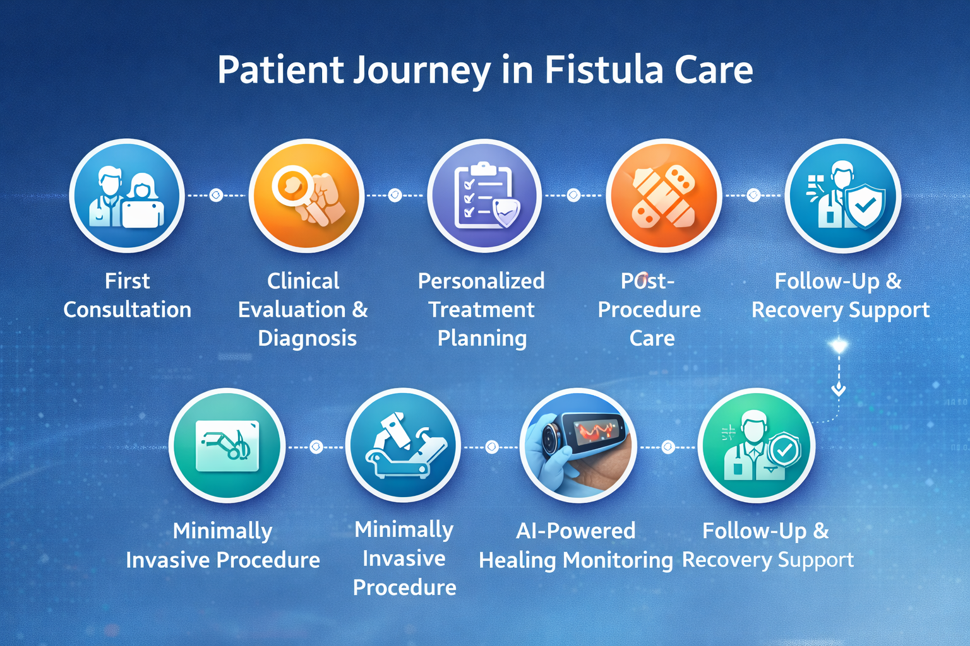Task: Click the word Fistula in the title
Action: tap(604, 69)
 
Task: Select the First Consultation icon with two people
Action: tap(127, 196)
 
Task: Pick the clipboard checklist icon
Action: tap(485, 196)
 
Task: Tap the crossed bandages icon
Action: tap(664, 196)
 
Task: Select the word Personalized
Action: tap(481, 281)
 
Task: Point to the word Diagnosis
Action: tap(307, 338)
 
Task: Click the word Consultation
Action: tap(128, 310)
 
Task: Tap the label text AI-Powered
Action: tap(576, 531)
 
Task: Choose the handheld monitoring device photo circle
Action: tap(578, 445)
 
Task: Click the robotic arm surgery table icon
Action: tap(403, 445)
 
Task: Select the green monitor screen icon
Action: tap(227, 445)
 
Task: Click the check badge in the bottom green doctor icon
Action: tap(784, 450)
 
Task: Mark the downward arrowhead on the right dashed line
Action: tap(839, 389)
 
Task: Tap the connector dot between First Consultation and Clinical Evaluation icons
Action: tap(216, 195)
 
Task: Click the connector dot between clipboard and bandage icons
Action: tap(574, 195)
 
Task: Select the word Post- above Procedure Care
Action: tap(648, 281)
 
